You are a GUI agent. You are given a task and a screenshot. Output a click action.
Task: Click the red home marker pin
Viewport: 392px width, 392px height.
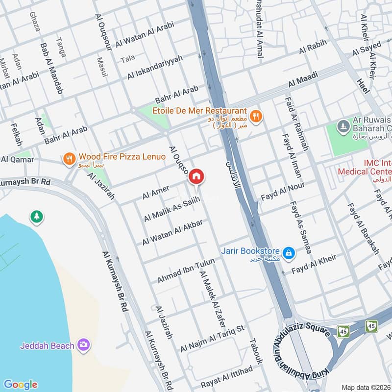tap(196, 176)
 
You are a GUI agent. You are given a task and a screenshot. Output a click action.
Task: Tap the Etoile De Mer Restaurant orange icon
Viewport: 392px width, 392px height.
tap(255, 117)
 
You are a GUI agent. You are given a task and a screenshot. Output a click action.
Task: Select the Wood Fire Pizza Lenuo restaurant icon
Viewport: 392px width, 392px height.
tap(69, 158)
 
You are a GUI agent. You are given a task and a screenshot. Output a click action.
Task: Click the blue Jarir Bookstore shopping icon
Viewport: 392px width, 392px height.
tap(289, 252)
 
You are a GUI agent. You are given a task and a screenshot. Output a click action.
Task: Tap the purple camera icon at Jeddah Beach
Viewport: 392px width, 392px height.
tap(84, 345)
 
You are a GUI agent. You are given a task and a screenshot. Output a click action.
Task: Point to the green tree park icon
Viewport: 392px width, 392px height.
tap(36, 216)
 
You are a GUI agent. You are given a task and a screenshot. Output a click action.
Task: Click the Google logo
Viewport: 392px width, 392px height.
tap(20, 385)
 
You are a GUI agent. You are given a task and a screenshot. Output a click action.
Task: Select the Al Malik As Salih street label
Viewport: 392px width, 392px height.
tap(171, 209)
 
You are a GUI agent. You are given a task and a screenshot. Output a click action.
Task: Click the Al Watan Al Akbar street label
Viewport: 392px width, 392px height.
tap(172, 231)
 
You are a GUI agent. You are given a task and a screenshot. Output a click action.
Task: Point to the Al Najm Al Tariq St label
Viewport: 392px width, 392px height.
tap(212, 338)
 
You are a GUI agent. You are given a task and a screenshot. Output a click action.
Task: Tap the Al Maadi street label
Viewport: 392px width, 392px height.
tap(303, 80)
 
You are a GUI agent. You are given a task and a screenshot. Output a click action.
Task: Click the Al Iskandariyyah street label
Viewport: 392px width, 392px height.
tap(155, 67)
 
